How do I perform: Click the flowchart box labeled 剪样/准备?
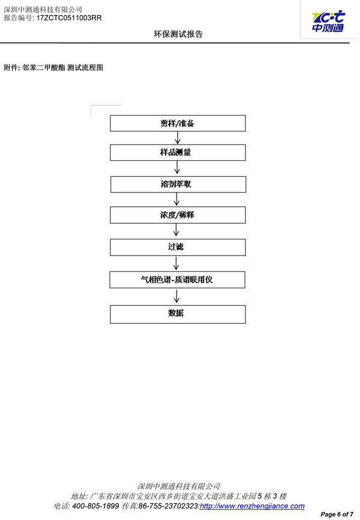tap(178, 124)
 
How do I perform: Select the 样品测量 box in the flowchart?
tap(178, 152)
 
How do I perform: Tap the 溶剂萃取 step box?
tap(178, 184)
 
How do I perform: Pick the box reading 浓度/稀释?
tap(178, 215)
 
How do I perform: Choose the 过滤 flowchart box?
tap(178, 247)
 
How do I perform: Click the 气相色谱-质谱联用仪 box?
tap(178, 279)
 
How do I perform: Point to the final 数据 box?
tap(178, 314)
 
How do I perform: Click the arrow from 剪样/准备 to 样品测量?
tap(178, 138)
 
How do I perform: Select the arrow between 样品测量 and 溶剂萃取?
tap(177, 167)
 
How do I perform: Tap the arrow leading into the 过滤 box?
tap(176, 230)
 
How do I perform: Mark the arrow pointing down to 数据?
tap(176, 296)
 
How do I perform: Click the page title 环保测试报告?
tap(178, 34)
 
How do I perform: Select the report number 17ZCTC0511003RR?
tap(69, 18)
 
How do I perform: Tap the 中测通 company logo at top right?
tap(328, 22)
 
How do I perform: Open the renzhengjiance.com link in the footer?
tap(252, 506)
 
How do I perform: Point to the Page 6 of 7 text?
tap(337, 515)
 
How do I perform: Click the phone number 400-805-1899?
tap(95, 506)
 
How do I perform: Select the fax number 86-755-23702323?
tap(169, 506)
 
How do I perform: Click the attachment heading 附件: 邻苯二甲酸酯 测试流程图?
tap(53, 68)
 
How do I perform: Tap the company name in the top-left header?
tap(43, 10)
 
